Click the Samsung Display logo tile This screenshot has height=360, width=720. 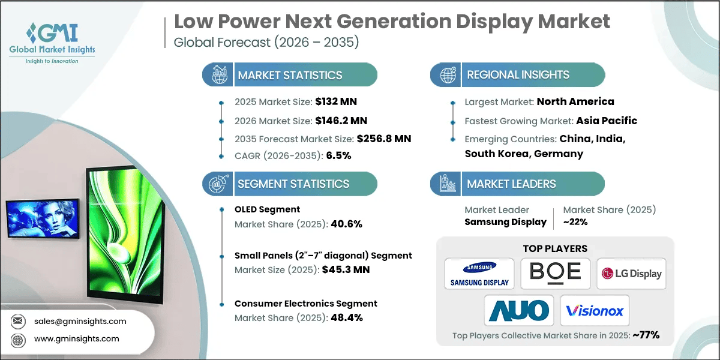[479, 274]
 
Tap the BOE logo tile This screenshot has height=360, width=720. [556, 274]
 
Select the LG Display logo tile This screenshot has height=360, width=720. [631, 274]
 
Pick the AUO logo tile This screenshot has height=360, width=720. [519, 310]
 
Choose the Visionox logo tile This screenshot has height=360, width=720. [595, 310]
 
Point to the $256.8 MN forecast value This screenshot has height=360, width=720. [383, 139]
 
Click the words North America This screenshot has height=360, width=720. [575, 101]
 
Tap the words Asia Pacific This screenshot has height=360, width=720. [607, 121]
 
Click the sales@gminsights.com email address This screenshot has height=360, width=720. [81, 321]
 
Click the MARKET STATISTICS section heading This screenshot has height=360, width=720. [290, 75]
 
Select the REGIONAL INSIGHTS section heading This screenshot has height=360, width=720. [518, 75]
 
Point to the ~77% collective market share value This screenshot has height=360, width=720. [646, 335]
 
